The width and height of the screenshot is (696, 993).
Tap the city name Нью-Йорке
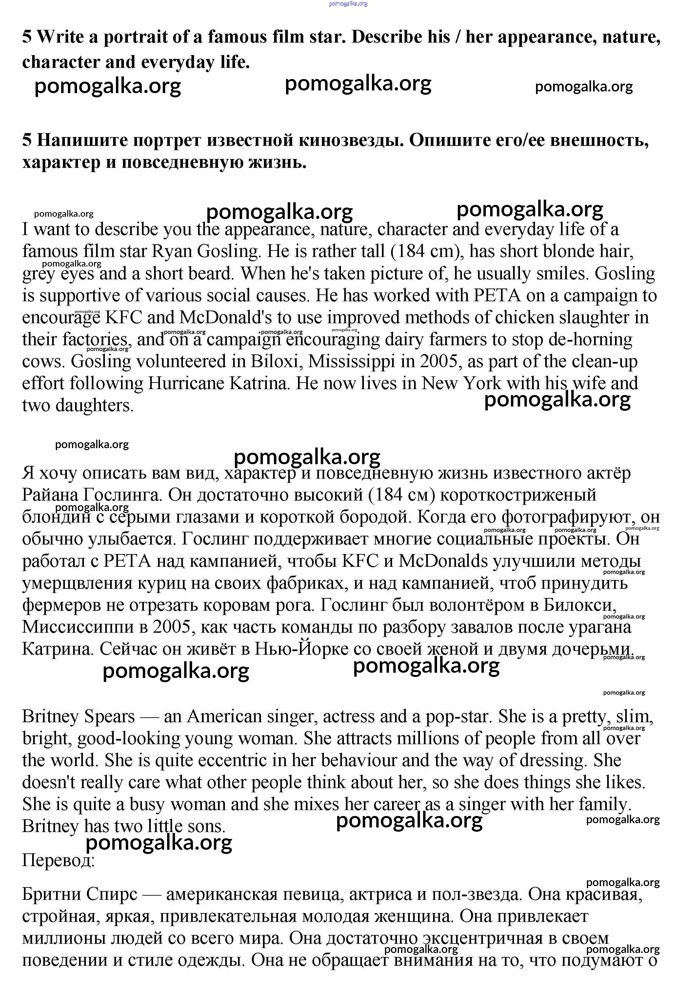(x=301, y=649)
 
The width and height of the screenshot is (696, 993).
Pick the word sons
(x=206, y=826)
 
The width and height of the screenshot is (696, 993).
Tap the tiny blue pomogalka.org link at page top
(x=348, y=4)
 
